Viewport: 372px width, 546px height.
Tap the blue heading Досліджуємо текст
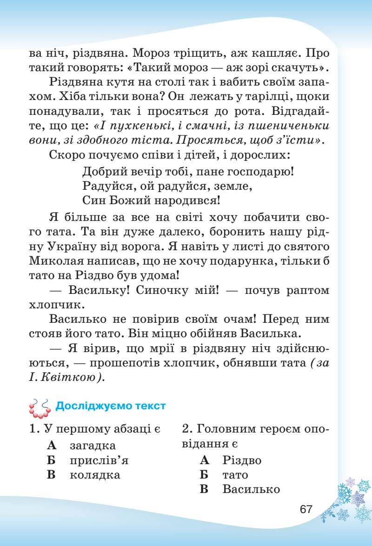110,406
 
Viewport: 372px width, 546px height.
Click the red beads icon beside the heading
40,407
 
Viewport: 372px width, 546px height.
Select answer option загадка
93,445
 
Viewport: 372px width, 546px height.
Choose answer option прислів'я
99,460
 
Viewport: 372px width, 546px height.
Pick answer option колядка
95,475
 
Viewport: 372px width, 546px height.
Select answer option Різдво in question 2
242,460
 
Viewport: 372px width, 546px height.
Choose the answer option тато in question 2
235,475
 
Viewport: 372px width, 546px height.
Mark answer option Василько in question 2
251,489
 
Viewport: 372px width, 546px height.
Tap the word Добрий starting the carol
103,171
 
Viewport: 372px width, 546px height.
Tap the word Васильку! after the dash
96,290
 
